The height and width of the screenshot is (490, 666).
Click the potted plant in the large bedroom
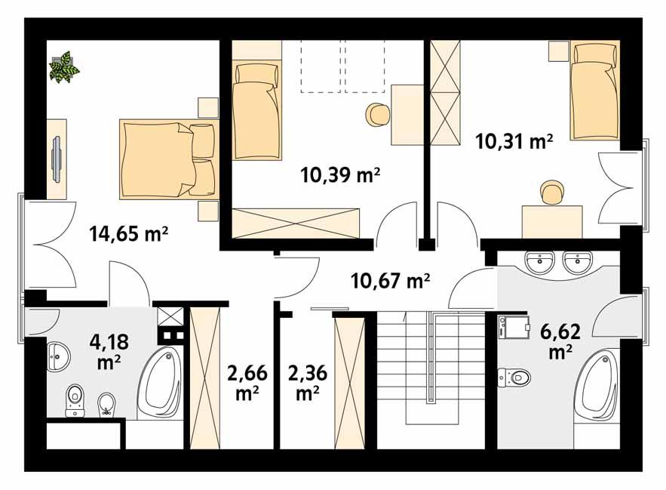tap(65, 66)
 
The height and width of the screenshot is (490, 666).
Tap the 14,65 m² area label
tap(127, 234)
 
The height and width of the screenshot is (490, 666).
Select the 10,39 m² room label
tap(339, 176)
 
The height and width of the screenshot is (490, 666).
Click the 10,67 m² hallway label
tap(390, 282)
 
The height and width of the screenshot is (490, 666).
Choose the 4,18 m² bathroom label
tap(109, 352)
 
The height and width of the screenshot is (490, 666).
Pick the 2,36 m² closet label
tap(305, 381)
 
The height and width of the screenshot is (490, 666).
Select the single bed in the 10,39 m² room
tap(256, 111)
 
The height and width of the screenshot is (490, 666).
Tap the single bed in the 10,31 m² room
tap(595, 91)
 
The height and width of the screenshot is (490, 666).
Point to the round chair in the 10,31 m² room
tap(551, 193)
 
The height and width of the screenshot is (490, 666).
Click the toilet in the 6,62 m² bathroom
tap(514, 375)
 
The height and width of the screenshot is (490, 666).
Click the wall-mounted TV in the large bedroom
tap(57, 157)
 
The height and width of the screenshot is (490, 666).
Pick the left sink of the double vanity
tap(541, 263)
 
